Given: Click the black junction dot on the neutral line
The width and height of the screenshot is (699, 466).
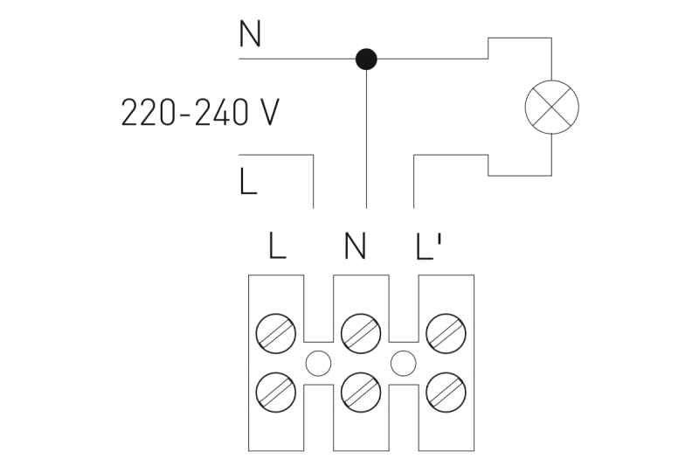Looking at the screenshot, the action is [x=366, y=59].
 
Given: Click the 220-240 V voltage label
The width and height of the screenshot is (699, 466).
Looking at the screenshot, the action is [x=200, y=113].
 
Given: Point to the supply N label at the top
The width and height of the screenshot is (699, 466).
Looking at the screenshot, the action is [x=250, y=34].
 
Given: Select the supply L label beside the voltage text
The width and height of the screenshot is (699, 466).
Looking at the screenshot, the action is [x=248, y=181].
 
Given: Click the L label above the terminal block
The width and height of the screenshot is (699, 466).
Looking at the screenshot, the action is [x=277, y=246].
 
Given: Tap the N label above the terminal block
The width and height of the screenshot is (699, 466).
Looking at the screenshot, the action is [x=356, y=246].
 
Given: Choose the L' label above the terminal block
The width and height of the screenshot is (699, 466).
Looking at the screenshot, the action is [x=428, y=246].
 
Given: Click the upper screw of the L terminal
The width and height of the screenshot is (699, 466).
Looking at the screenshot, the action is [x=276, y=333].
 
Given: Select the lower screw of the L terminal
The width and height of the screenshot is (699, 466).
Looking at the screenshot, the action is [x=276, y=393].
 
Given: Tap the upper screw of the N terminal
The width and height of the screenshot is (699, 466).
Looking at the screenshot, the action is [x=361, y=333].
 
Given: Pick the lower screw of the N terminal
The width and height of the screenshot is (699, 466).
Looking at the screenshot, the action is [x=361, y=393].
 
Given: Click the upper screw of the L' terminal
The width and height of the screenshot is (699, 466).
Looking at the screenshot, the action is [x=446, y=333].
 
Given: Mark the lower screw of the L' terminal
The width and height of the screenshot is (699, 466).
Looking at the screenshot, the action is [x=446, y=393].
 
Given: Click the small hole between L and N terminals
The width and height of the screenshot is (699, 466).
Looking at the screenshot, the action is [x=318, y=364].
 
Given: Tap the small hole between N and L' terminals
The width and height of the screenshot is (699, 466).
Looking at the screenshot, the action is [x=404, y=364].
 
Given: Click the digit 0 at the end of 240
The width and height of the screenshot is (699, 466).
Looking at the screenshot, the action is [x=238, y=113].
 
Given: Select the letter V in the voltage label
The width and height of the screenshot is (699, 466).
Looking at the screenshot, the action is [x=269, y=113].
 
